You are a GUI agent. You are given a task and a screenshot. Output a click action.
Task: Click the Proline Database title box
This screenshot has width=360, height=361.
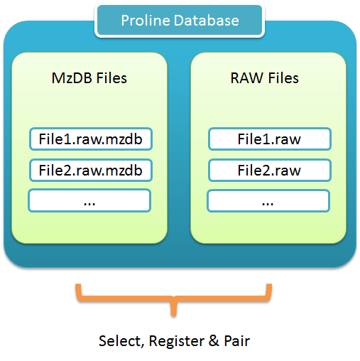tap(180, 21)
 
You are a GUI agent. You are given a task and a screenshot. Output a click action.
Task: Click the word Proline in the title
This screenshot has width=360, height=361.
tap(146, 21)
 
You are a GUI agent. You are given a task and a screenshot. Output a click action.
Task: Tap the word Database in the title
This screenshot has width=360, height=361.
tap(207, 21)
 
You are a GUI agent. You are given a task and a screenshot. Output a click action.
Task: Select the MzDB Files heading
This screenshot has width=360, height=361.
tap(89, 78)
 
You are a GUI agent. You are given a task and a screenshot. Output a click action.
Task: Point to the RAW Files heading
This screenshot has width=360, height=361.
tap(264, 78)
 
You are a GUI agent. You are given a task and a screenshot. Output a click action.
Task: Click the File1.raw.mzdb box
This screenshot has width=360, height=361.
tap(91, 139)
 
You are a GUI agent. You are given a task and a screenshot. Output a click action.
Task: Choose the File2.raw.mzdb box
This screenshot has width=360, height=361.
tap(91, 171)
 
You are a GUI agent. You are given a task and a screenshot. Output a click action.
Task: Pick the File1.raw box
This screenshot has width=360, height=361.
tap(270, 139)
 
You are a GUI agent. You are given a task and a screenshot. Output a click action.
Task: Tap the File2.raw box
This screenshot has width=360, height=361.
tap(270, 171)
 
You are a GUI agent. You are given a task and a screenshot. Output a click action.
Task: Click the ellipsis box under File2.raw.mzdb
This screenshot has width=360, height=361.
tap(89, 200)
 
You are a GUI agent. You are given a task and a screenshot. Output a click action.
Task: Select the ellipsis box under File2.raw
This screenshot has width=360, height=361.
tap(268, 201)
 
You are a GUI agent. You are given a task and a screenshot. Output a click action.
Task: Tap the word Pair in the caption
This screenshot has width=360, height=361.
tap(237, 341)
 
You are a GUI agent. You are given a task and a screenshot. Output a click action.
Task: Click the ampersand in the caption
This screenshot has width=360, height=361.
tap(214, 341)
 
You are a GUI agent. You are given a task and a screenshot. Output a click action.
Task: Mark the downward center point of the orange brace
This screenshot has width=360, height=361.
tap(174, 315)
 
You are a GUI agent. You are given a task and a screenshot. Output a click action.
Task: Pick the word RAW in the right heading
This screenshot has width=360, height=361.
tap(247, 78)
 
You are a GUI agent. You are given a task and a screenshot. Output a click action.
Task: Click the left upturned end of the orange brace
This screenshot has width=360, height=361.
tap(78, 285)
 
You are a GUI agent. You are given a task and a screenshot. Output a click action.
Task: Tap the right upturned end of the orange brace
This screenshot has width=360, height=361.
tap(269, 285)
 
